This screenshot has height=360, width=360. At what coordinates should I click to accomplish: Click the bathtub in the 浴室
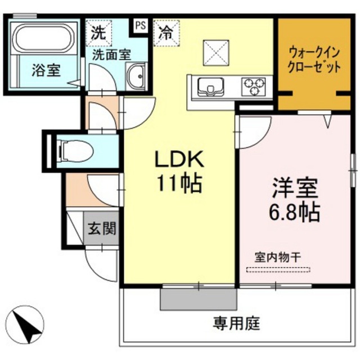point(43,39)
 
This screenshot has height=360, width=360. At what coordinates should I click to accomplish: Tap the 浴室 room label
point(46,71)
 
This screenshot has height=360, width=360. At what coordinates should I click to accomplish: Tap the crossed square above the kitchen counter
point(216,52)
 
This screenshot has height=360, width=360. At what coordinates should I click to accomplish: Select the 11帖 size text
point(179,183)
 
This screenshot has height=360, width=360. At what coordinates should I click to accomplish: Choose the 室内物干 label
point(277,256)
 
